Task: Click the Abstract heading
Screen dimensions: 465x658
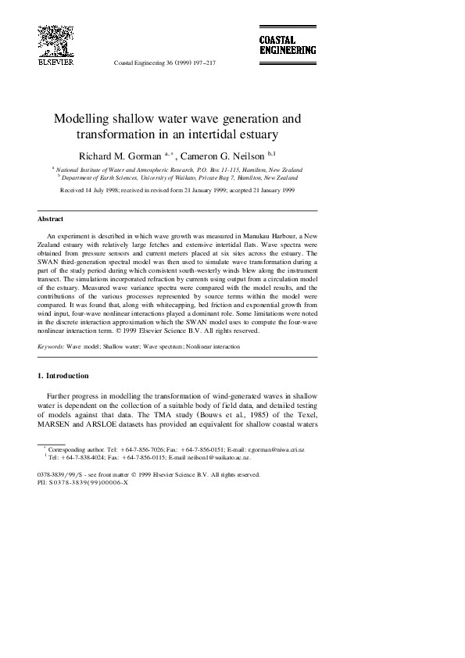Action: tap(50, 219)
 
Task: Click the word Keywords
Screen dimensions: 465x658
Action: tap(50, 345)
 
